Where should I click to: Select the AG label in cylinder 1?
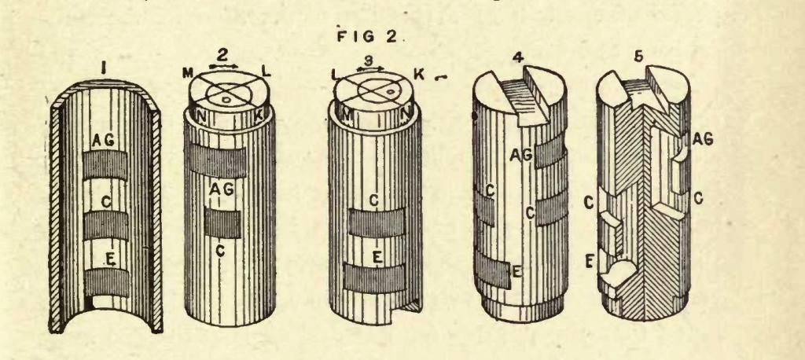point(105,138)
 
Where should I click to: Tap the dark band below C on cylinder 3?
point(377,223)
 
